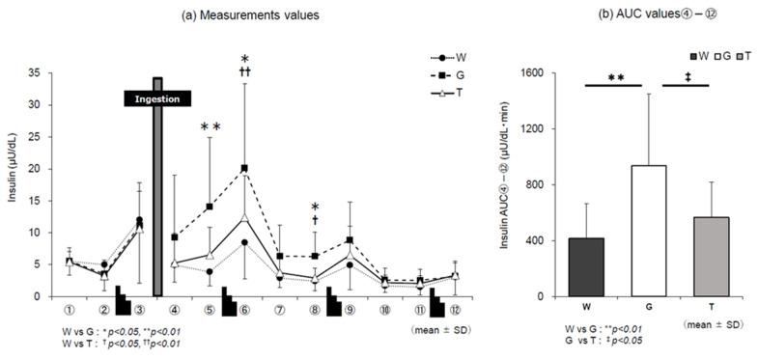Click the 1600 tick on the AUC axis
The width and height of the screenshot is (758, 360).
click(x=530, y=72)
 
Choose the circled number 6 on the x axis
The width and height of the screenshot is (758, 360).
click(x=244, y=311)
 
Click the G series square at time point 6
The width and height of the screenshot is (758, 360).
click(x=244, y=169)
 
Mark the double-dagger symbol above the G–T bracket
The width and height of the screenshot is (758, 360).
click(x=687, y=77)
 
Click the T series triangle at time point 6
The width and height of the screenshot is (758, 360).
click(x=244, y=217)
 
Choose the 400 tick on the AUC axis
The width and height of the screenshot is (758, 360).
click(x=534, y=240)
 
